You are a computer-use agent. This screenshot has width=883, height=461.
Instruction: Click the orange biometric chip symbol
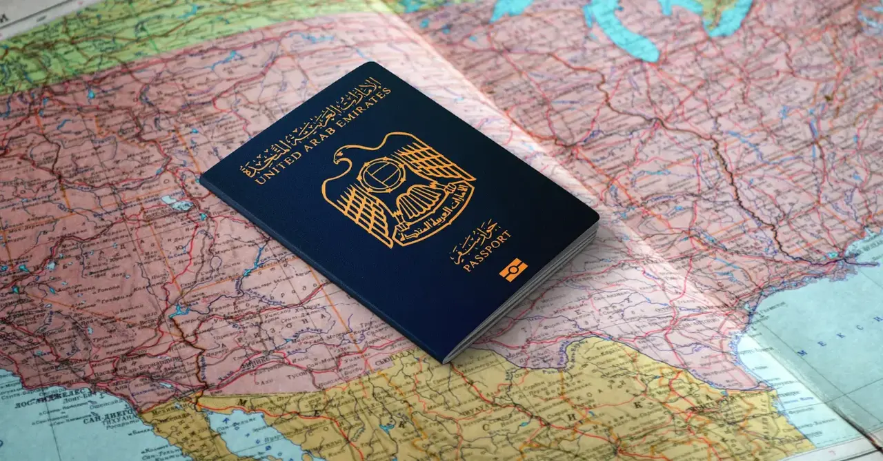click(513, 269)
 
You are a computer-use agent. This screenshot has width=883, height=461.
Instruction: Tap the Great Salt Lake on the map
click(177, 203)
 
